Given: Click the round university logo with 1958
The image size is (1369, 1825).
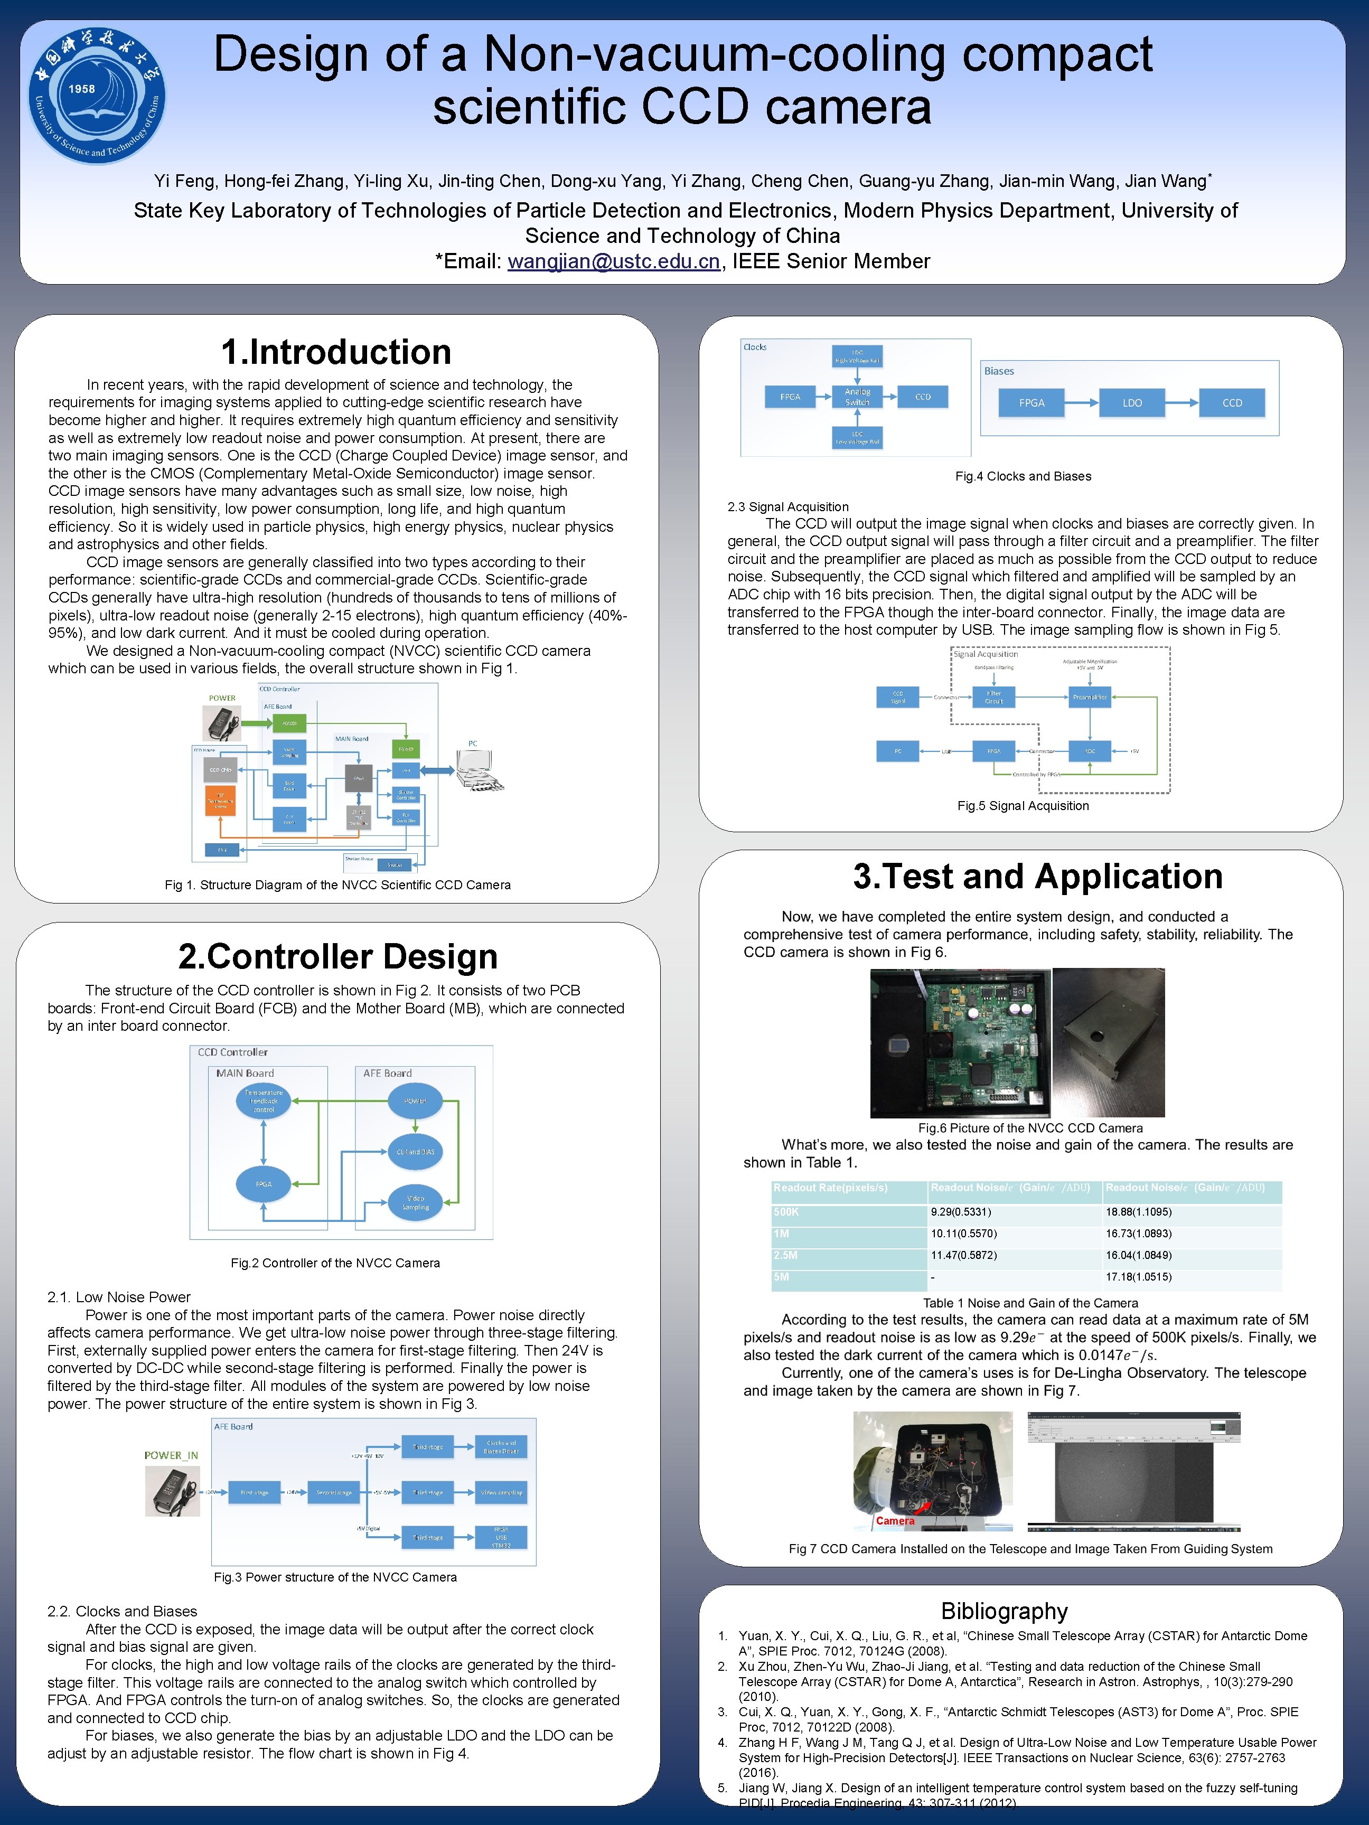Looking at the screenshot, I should [x=97, y=97].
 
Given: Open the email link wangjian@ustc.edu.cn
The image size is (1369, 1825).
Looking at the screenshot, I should [x=613, y=261].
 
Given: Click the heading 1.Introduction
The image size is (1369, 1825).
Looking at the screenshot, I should [x=336, y=352].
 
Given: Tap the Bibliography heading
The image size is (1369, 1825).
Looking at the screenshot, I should [x=1004, y=1611].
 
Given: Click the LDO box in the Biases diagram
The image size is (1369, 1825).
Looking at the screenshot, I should [x=1132, y=402].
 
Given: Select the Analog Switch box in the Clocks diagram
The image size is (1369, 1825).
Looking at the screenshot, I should [x=857, y=397].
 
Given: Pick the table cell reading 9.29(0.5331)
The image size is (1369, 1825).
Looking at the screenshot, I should [x=961, y=1212].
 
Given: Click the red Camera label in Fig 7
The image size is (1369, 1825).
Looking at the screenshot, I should [x=895, y=1520].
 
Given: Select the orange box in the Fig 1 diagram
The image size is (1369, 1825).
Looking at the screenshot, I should [x=220, y=801].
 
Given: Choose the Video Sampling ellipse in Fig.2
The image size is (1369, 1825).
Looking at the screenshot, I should [x=415, y=1202].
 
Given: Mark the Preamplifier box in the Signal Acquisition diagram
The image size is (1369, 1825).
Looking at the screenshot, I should [x=1090, y=697].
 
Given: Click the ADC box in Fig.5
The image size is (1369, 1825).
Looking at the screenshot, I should [x=1090, y=751].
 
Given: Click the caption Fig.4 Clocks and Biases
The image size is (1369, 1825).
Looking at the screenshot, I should [x=1023, y=476].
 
